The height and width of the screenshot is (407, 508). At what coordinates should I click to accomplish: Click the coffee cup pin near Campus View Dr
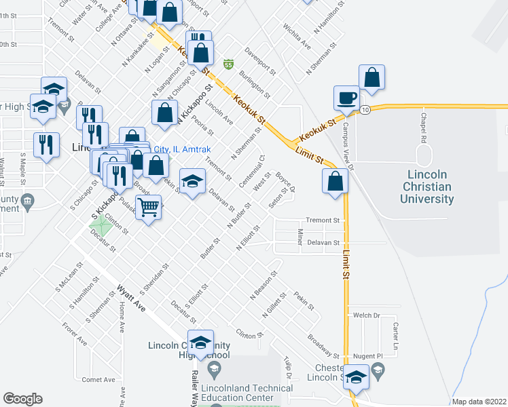click(346, 98)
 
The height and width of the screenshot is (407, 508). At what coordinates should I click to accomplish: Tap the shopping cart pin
click(148, 208)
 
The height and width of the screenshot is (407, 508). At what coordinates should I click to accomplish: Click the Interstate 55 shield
click(230, 64)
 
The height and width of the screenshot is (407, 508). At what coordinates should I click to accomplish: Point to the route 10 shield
click(365, 109)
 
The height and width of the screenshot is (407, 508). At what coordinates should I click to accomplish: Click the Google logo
click(23, 399)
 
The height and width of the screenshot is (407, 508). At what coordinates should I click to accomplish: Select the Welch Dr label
click(365, 315)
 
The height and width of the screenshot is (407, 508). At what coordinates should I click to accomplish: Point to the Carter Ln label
click(396, 332)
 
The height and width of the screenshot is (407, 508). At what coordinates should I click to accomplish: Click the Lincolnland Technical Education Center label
click(247, 393)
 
